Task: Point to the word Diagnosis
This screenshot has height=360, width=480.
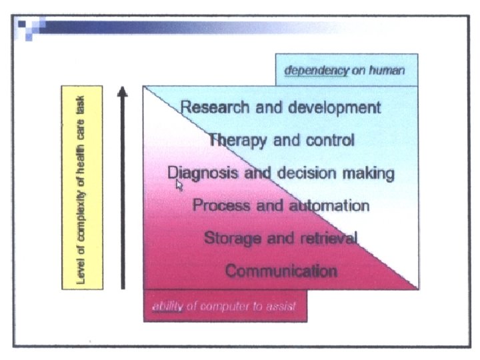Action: click(201, 173)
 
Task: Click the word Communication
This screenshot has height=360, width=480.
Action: click(281, 271)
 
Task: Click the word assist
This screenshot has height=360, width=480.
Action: click(279, 307)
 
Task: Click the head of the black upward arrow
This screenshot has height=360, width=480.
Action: click(123, 91)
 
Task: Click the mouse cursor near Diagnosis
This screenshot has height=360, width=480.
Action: click(179, 185)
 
